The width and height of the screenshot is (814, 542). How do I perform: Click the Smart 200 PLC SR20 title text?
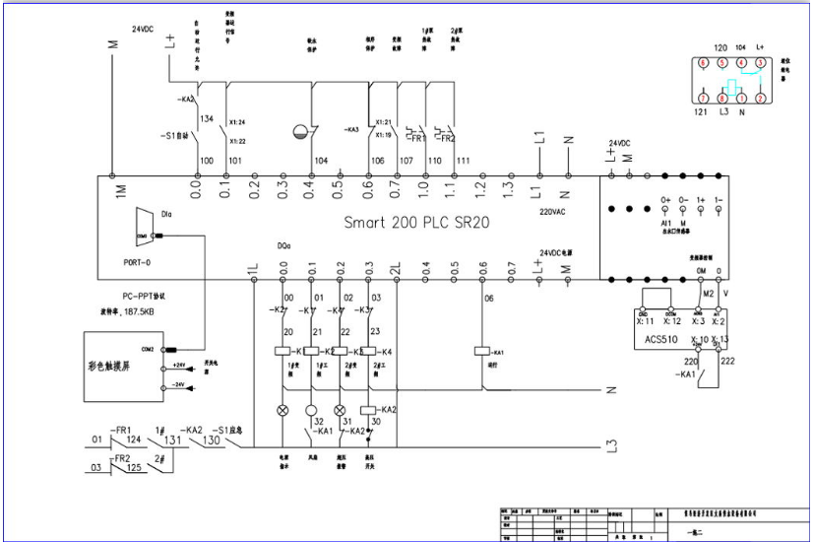click(415, 222)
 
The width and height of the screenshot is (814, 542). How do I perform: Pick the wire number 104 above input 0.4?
click(321, 160)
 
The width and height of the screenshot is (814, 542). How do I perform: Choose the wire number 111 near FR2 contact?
click(463, 160)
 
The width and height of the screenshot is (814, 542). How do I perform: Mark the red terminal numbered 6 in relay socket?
click(702, 62)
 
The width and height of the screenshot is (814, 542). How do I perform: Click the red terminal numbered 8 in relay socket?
click(721, 99)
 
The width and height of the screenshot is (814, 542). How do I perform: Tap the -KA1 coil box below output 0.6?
click(482, 352)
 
